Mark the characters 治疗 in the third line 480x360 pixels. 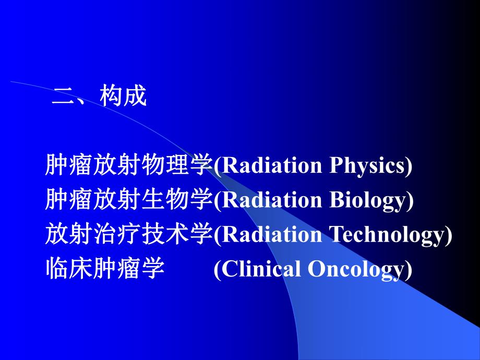tap(105, 235)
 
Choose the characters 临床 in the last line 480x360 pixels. tap(69, 270)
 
